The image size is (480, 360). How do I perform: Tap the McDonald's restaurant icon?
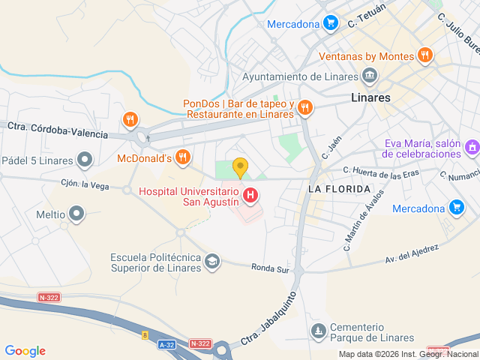tap(182, 157)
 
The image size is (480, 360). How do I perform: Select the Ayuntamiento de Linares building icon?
tap(369, 76)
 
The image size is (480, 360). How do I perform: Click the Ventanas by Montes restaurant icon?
tap(425, 55)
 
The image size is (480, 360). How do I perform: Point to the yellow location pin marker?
tap(240, 167)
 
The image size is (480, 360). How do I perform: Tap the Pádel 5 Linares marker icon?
tap(85, 159)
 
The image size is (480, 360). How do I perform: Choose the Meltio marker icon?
tap(76, 215)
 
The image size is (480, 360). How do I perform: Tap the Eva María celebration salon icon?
tap(472, 148)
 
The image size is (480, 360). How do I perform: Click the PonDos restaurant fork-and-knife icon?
tap(304, 108)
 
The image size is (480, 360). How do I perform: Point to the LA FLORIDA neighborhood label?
tap(339, 188)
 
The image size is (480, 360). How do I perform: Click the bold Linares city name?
tap(371, 97)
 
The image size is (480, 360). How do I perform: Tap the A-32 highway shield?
tap(167, 343)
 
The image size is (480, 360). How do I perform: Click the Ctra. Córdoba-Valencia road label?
tap(58, 130)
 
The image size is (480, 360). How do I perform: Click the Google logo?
tap(25, 351)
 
